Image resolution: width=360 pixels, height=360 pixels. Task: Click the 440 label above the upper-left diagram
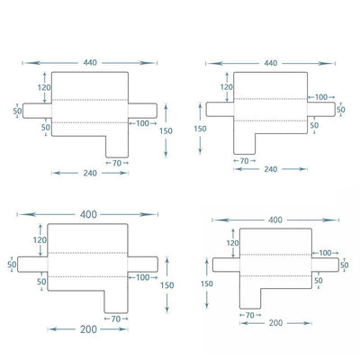coord(90,63)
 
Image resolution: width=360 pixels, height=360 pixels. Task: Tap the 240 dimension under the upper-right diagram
coord(270,169)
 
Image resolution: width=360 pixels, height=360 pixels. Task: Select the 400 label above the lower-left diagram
coord(88,214)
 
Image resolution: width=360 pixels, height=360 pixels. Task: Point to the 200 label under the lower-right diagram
coord(275,323)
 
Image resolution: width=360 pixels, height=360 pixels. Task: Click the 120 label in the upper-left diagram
coord(44,87)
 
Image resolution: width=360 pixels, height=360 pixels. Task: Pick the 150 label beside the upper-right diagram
coord(200,129)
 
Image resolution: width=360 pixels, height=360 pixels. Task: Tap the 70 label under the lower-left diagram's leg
coord(116,319)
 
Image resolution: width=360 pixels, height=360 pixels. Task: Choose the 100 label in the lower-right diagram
coord(325,253)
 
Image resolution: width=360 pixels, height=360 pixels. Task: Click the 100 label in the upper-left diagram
coord(142,123)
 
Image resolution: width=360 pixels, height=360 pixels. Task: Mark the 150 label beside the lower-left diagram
coord(166,285)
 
